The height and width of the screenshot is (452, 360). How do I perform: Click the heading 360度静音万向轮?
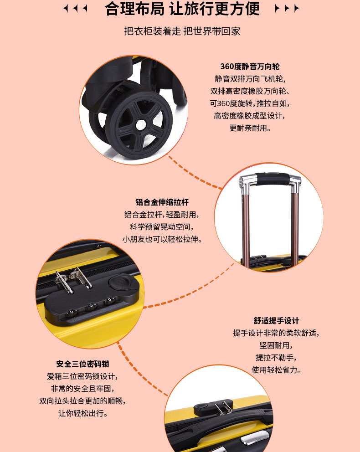coord(250,67)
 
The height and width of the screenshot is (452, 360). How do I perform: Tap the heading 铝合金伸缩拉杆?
coord(162,202)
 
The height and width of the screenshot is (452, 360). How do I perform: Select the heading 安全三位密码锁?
coord(83,364)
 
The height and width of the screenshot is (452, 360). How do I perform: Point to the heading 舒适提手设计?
coord(277,321)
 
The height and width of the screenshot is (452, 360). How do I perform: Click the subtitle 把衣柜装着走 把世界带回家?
coord(182,31)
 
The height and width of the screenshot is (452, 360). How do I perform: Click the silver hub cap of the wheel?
coord(140,125)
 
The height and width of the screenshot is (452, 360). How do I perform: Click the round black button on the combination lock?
coord(119,281)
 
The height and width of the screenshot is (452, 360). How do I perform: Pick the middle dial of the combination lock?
coord(91,307)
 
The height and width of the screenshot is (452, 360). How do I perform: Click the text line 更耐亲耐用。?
coord(250,128)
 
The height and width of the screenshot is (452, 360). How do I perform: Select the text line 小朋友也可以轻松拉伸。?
coord(162,239)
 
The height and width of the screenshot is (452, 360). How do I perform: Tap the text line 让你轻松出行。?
coord(83,413)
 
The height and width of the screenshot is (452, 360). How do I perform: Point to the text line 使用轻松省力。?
coord(277,370)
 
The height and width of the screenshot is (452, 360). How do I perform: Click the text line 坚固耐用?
coord(276,345)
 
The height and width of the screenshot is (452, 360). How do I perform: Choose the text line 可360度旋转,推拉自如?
coord(250,103)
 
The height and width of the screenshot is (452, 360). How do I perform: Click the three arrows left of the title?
coord(75,8)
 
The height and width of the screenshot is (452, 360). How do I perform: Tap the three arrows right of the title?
coord(287,8)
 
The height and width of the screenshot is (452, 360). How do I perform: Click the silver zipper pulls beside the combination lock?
coord(73,279)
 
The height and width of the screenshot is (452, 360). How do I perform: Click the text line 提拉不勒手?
coord(276,358)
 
